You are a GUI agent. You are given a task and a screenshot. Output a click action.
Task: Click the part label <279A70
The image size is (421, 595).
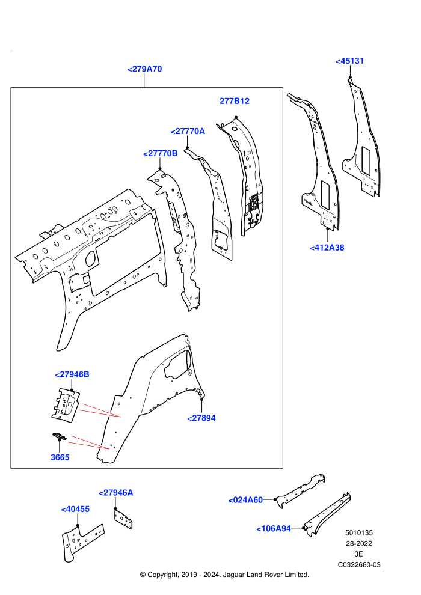(x=144, y=69)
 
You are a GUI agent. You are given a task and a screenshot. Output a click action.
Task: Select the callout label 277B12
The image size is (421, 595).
(x=234, y=101)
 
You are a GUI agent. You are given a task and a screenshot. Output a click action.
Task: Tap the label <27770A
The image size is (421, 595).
(x=188, y=131)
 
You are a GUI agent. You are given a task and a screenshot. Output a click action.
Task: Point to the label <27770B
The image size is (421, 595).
(x=160, y=154)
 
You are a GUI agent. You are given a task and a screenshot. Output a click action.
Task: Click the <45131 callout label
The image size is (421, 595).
(x=349, y=61)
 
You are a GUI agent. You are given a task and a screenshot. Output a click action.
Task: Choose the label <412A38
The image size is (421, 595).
(x=327, y=248)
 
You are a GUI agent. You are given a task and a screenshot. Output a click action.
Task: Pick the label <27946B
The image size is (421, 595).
(x=72, y=374)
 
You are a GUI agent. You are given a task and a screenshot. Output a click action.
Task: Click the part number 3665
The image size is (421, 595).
(x=60, y=457)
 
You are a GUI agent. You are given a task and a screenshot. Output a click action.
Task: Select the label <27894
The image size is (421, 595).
(x=201, y=418)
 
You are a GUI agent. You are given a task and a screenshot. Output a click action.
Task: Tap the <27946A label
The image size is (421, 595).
(x=116, y=493)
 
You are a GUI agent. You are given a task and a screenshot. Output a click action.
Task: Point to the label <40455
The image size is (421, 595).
(x=75, y=509)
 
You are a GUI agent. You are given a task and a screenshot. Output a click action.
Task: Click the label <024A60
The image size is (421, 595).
(x=245, y=500)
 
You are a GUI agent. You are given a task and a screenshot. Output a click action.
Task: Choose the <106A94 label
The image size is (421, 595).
(x=273, y=529)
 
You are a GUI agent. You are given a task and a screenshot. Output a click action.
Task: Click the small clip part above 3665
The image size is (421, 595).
(x=59, y=436)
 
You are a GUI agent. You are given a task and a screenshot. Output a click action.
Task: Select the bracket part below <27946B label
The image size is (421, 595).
(x=66, y=404)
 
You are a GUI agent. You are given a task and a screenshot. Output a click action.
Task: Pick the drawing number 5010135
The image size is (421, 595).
(x=358, y=533)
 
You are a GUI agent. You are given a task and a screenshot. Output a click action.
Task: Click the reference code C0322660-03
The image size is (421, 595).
(x=359, y=565)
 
